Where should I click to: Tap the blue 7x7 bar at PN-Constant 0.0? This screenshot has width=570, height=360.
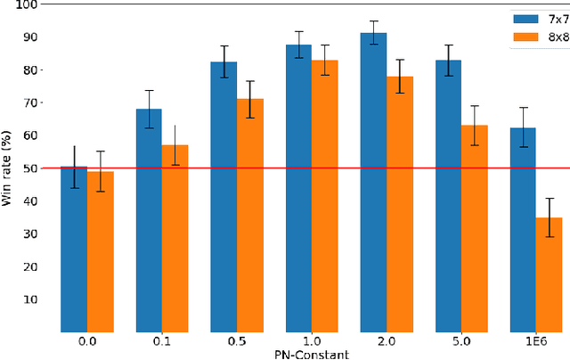[74, 250]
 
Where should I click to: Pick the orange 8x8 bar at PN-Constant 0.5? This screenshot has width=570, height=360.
[249, 215]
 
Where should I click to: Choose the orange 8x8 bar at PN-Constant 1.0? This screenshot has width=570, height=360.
[324, 196]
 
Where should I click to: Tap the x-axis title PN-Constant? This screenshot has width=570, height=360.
[311, 353]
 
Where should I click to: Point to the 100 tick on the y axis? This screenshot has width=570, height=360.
[28, 4]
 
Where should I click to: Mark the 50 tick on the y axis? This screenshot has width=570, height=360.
[31, 168]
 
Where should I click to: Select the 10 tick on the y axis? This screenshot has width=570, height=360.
[31, 299]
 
